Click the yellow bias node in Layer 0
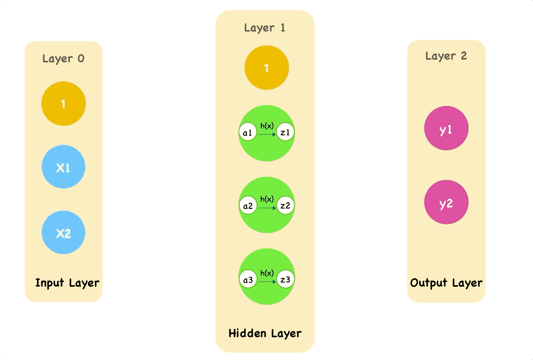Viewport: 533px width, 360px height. pos(64,104)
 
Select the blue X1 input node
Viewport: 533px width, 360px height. pos(64,167)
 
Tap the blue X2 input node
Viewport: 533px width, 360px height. pos(64,232)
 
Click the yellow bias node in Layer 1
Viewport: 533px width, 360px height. pos(266,68)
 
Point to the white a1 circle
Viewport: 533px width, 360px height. pos(248,132)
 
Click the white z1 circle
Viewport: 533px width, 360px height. pos(285,132)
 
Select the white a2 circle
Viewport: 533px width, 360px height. pos(248,205)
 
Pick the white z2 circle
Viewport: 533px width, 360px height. pos(285,205)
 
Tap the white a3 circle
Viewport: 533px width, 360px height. pos(248,279)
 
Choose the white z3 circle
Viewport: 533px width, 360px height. pos(285,279)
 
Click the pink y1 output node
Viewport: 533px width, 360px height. pos(446,128)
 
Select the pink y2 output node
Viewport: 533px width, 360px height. pos(446,202)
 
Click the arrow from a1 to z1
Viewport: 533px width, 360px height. pos(267,135)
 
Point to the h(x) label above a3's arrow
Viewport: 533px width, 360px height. pos(267,273)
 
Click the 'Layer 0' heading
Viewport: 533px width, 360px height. pos(63,59)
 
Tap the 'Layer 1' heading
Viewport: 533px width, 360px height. pos(265,28)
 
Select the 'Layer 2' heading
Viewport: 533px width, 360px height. pos(446,56)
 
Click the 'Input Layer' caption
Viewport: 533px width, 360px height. pos(67,283)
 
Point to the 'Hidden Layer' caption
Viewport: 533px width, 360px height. pos(265,333)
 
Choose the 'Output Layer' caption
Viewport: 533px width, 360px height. pos(446,283)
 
